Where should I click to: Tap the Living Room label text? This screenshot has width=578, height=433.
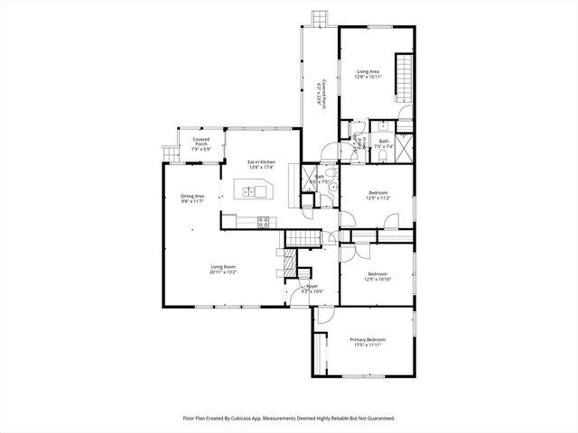tap(223, 266)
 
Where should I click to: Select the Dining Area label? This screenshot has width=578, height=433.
tap(192, 196)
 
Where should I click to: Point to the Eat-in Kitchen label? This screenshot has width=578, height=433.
tap(262, 162)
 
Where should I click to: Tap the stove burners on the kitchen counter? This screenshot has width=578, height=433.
tap(265, 220)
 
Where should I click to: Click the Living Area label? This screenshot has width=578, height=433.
tap(367, 71)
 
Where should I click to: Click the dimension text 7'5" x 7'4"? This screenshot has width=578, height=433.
tap(384, 146)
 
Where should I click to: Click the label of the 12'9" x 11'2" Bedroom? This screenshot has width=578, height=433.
tap(377, 193)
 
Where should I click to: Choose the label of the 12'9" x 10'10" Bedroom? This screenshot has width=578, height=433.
tap(377, 274)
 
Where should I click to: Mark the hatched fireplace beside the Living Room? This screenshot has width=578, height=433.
tap(290, 262)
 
